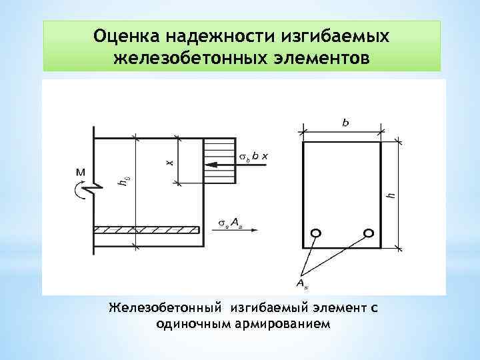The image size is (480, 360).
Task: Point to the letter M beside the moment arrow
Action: [x=80, y=172]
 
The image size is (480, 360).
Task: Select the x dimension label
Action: [x=169, y=161]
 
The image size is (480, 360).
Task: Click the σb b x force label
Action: [x=253, y=155]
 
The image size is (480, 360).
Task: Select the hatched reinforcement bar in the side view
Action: [x=147, y=230]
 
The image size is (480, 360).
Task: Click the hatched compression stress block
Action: [x=219, y=161]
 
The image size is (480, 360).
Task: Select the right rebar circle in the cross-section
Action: [x=368, y=233]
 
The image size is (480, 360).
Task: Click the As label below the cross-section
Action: [x=301, y=285]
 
